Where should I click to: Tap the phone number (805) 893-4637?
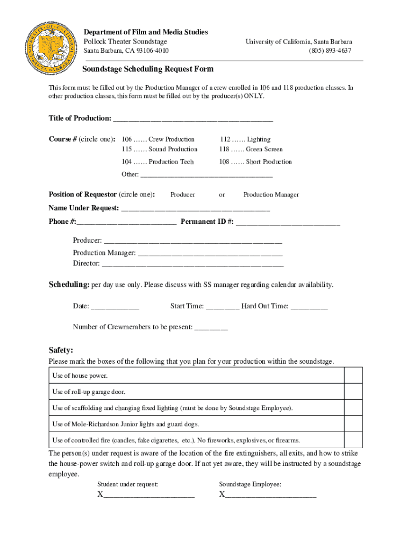pyautogui.click(x=330, y=51)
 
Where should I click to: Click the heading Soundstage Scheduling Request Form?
pyautogui.click(x=147, y=69)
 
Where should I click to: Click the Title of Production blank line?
pyautogui.click(x=192, y=118)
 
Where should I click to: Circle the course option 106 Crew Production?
pyautogui.click(x=158, y=139)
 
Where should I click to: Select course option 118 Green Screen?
pyautogui.click(x=251, y=150)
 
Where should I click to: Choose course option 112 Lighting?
pyautogui.click(x=245, y=139)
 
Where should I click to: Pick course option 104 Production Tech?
pyautogui.click(x=158, y=162)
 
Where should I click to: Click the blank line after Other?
pyautogui.click(x=206, y=175)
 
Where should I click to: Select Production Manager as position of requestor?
pyautogui.click(x=271, y=195)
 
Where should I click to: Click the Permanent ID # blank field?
pyautogui.click(x=288, y=222)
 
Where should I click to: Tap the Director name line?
pyautogui.click(x=192, y=264)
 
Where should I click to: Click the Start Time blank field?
pyautogui.click(x=223, y=307)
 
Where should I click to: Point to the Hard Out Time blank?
pyautogui.click(x=309, y=307)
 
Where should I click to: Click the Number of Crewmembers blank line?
pyautogui.click(x=211, y=327)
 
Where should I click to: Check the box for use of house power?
pyautogui.click(x=353, y=375)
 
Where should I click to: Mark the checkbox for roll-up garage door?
pyautogui.click(x=353, y=392)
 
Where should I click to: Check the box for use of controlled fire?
pyautogui.click(x=353, y=440)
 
